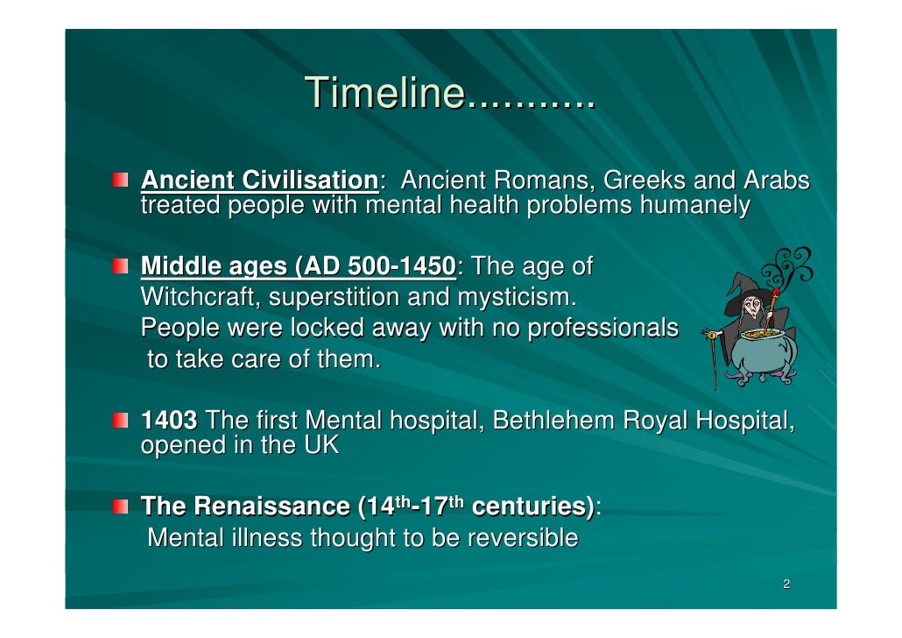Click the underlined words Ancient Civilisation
[258, 181]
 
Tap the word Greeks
[644, 181]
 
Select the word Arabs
[775, 181]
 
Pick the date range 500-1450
[402, 266]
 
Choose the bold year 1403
[169, 421]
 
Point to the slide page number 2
[786, 585]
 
